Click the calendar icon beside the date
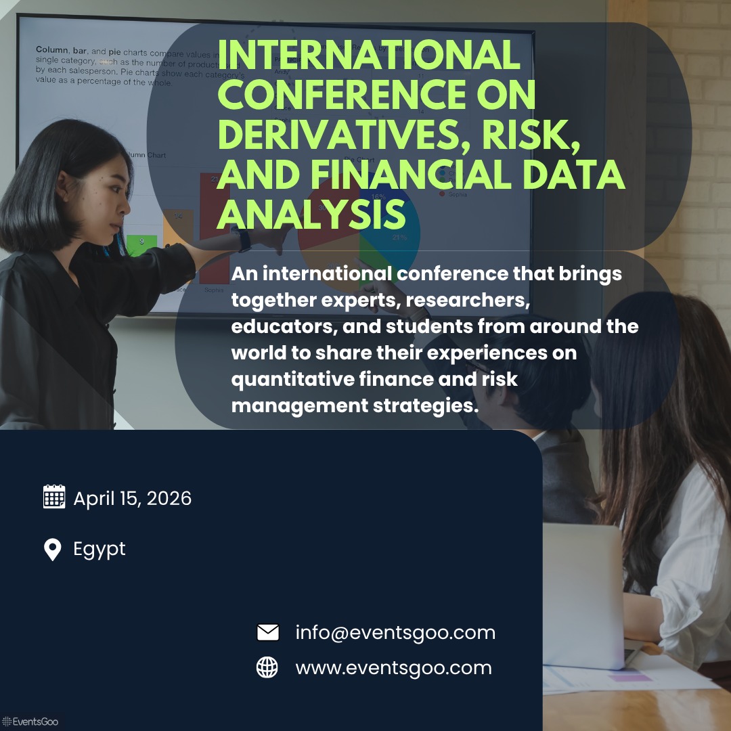[54, 497]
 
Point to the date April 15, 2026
[133, 499]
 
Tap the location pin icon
[52, 549]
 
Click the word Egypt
[99, 549]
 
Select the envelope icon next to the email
[268, 633]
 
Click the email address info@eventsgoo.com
[395, 633]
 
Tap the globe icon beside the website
[267, 668]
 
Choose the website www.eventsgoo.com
[393, 668]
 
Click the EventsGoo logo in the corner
[30, 722]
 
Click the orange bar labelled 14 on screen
[179, 226]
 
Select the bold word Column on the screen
[51, 50]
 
